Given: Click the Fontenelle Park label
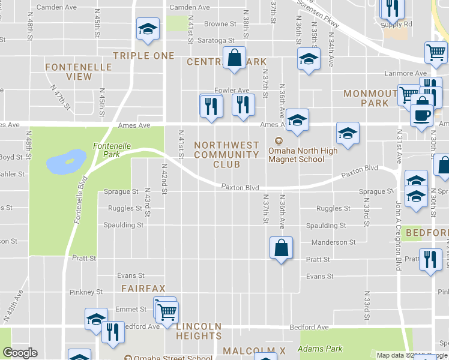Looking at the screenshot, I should click(x=107, y=149).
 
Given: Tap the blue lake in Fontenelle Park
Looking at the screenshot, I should click(x=65, y=160).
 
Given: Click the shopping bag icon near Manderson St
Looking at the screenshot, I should click(x=281, y=247).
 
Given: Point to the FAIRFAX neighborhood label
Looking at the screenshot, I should click(x=143, y=289).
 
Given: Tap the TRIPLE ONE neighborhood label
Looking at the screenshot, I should click(x=143, y=56).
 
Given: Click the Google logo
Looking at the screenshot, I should click(x=20, y=353).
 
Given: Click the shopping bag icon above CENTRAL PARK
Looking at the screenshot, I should click(x=235, y=58).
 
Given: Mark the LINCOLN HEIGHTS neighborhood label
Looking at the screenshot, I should click(x=199, y=331).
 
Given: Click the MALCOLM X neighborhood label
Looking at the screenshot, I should click(x=249, y=350).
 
